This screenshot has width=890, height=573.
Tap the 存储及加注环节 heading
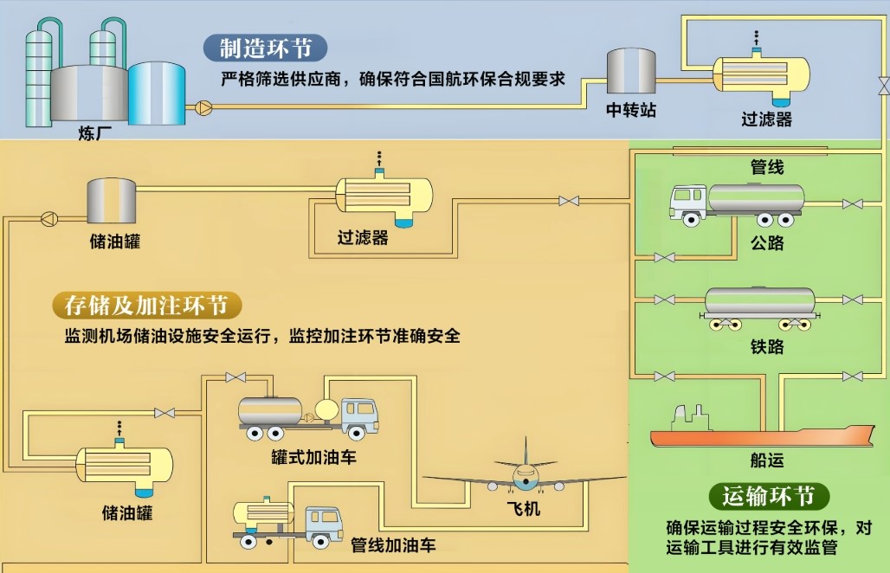coord(146,306)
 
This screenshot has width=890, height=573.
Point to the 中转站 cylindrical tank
coord(630,72)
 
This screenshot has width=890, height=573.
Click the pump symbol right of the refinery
coord(203,107)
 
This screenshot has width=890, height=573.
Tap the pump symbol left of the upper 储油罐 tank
coord(48,216)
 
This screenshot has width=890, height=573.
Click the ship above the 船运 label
coord(762,431)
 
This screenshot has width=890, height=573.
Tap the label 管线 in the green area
coord(766,167)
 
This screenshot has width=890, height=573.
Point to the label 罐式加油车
coord(313,457)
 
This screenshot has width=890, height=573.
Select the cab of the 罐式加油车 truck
coord(359,415)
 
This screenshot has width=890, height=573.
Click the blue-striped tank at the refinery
coord(157,93)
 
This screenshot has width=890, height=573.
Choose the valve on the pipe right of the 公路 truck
coord(852,204)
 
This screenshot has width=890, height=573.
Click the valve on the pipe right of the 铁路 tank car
coord(852,299)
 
